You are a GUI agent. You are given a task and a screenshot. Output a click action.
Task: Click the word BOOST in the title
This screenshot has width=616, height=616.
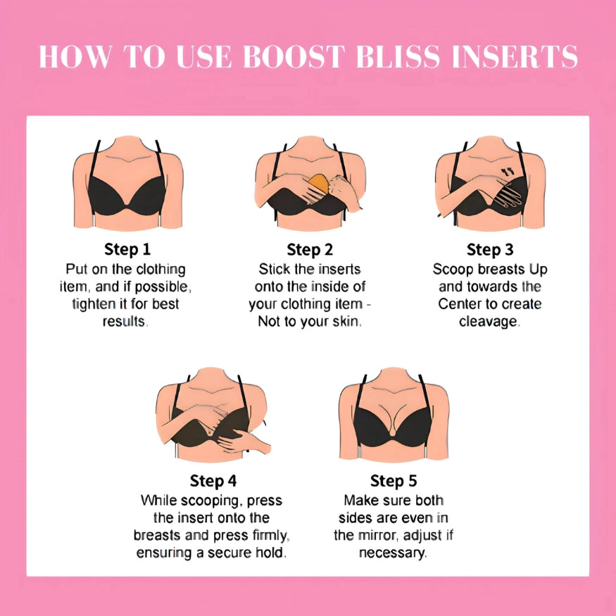click(294, 57)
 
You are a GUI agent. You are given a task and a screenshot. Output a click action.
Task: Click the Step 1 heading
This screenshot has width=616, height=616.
click(127, 249)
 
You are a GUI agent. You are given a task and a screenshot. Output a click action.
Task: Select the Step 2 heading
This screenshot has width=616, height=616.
click(310, 249)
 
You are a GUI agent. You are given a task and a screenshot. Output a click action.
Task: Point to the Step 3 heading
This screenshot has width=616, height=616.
click(490, 249)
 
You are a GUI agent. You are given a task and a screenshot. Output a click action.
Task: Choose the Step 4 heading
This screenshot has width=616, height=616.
click(213, 481)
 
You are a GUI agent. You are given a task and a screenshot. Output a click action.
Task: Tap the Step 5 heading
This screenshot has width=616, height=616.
click(394, 481)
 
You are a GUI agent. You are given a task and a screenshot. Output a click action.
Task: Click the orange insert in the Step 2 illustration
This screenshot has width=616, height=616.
click(318, 184)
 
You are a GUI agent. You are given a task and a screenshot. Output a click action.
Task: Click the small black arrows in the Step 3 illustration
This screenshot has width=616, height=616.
click(508, 172)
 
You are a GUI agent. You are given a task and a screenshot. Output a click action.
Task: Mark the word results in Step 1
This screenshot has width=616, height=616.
click(124, 322)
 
